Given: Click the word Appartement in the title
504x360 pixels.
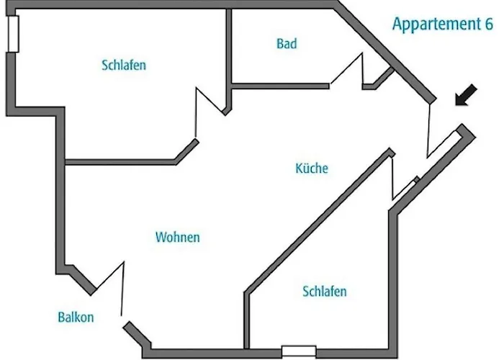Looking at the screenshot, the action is (x=436, y=24).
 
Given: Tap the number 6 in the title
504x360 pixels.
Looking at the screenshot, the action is (x=489, y=24).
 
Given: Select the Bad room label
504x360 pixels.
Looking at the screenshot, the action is (x=287, y=44).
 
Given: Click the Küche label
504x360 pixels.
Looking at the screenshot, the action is (x=312, y=168).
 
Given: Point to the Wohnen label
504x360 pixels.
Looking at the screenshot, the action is (x=177, y=237).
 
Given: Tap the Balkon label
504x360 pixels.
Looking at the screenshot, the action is (x=76, y=318).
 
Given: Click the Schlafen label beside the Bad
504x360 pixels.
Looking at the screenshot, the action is (x=124, y=65).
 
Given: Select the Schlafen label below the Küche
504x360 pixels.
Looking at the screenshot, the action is (x=325, y=292).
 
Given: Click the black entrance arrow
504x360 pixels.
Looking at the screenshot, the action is (x=466, y=95).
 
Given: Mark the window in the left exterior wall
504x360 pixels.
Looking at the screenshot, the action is (x=13, y=34).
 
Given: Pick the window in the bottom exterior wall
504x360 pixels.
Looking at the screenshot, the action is (x=299, y=351).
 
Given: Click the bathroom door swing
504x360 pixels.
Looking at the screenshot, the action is (x=347, y=69).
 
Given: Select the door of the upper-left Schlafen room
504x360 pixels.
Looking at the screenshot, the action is (x=210, y=112).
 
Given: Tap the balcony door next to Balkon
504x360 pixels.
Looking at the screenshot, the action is (x=109, y=288).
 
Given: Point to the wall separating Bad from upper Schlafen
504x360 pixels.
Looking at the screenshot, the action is (x=228, y=61).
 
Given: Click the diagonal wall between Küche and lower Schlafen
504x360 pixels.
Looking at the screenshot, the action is (x=319, y=222).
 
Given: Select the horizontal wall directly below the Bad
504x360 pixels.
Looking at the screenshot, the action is (x=280, y=86).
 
